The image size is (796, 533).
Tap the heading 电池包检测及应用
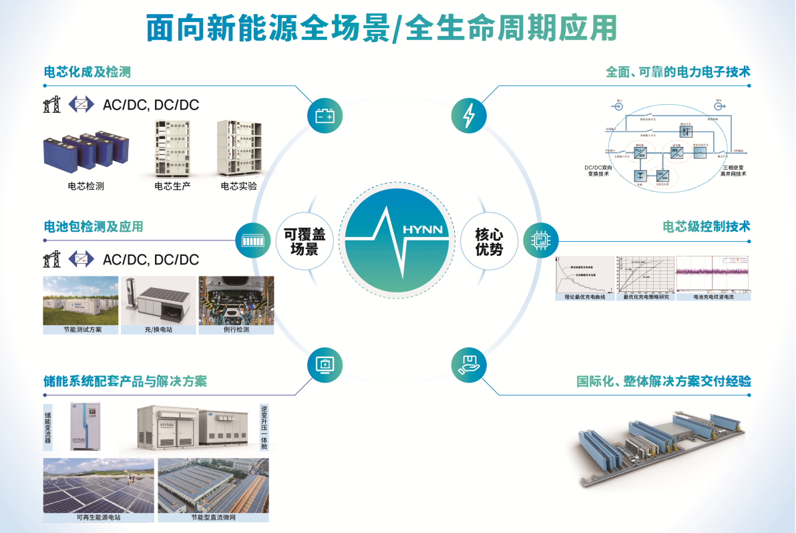coord(93,226)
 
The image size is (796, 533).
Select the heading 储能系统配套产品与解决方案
coord(125,381)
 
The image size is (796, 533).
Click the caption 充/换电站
coord(158,329)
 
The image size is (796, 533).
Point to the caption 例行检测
coord(236,329)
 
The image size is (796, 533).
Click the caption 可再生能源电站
coord(99,517)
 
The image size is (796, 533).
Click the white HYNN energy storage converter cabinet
coord(85,426)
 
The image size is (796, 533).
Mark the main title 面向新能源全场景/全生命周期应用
coord(381,30)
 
